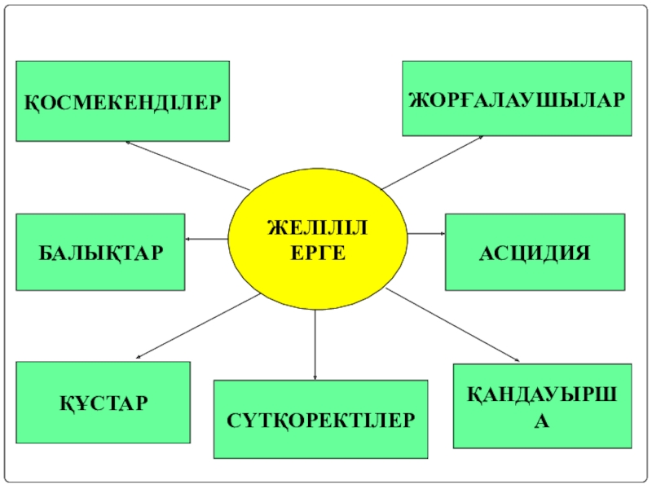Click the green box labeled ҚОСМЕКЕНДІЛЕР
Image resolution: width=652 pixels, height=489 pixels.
(122, 101)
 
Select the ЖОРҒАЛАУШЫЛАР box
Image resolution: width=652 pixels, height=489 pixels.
(517, 98)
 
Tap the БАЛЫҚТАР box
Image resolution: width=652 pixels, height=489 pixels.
(100, 252)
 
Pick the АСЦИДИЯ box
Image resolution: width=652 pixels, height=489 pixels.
(535, 252)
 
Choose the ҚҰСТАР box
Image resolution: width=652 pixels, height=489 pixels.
(103, 402)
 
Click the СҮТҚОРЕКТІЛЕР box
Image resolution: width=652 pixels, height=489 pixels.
(320, 419)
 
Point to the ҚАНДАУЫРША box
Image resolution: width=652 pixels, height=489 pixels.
(542, 406)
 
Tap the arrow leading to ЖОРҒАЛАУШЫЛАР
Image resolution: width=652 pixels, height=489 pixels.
(432, 162)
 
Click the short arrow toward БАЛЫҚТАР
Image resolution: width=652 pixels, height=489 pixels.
(206, 239)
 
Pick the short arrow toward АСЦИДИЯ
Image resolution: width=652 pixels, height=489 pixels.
(425, 234)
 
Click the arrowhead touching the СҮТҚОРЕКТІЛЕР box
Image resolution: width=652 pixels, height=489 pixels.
(315, 376)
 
